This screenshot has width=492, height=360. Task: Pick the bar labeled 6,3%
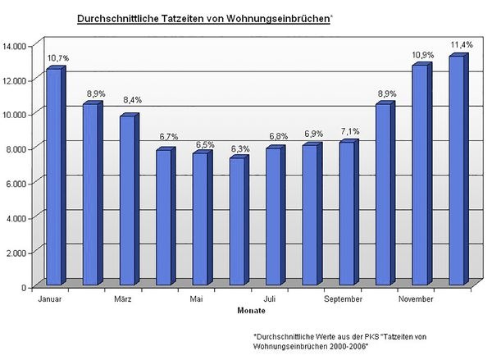click(x=237, y=221)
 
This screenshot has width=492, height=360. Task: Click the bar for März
click(x=127, y=201)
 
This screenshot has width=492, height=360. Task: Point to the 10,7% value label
click(x=57, y=58)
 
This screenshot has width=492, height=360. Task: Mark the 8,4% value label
click(x=131, y=100)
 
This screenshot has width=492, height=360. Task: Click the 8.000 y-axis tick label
click(x=19, y=148)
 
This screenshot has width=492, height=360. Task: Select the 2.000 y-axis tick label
click(x=19, y=253)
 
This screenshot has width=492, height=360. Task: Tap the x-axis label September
click(x=343, y=299)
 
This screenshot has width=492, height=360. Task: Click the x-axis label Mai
click(x=197, y=299)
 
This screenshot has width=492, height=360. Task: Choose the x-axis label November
click(x=416, y=299)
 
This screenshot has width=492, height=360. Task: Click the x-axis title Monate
click(x=251, y=311)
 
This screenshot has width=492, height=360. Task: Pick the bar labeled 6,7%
click(x=163, y=217)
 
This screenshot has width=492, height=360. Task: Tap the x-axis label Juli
click(x=270, y=299)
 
